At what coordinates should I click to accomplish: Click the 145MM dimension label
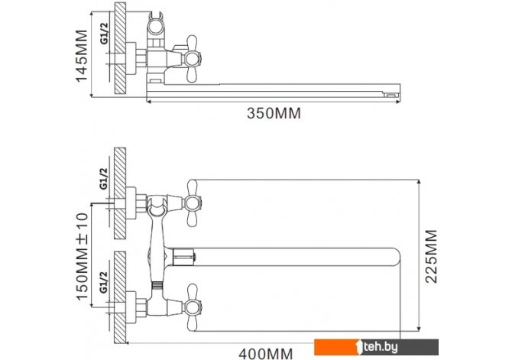pos(82,56)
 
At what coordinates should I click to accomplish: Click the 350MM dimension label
pos(274,113)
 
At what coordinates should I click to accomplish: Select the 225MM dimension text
pos(431,256)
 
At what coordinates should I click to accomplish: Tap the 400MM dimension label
pos(266,354)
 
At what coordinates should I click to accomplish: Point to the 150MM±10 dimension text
pos(83,256)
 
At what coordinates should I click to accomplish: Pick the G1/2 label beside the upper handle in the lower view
pos(104,178)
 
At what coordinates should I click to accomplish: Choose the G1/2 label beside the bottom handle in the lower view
pos(104,282)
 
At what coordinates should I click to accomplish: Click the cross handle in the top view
pos(192,59)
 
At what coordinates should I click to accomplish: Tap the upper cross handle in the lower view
pos(192,203)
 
